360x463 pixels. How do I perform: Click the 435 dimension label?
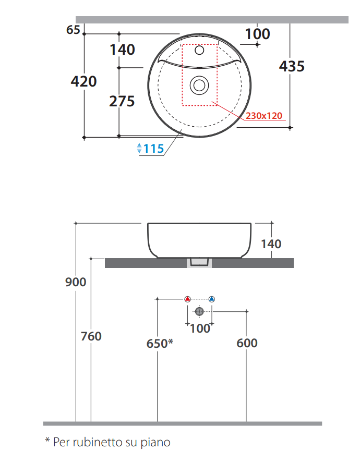click(292, 66)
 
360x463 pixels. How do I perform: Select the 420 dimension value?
click(83, 81)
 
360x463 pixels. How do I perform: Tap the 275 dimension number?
click(122, 101)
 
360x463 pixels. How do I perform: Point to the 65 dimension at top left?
click(73, 30)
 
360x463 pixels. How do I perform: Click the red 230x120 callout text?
click(264, 115)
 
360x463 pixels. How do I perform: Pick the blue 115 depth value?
click(153, 149)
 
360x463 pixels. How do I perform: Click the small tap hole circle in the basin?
click(199, 50)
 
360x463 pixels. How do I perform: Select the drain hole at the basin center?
click(199, 86)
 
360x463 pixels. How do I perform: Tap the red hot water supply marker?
click(187, 299)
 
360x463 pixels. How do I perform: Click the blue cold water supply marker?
click(212, 299)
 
